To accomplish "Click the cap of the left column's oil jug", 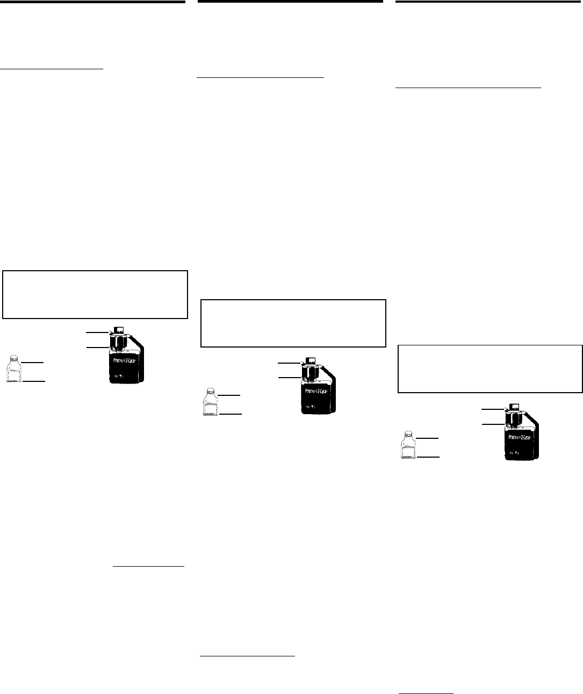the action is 119,329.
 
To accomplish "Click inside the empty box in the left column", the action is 95,294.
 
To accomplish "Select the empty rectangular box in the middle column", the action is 293,323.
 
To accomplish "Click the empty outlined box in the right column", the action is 490,368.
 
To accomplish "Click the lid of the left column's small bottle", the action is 15,356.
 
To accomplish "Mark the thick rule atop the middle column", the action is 291,2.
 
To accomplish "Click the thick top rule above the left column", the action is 92,2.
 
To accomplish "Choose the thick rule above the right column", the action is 489,2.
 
